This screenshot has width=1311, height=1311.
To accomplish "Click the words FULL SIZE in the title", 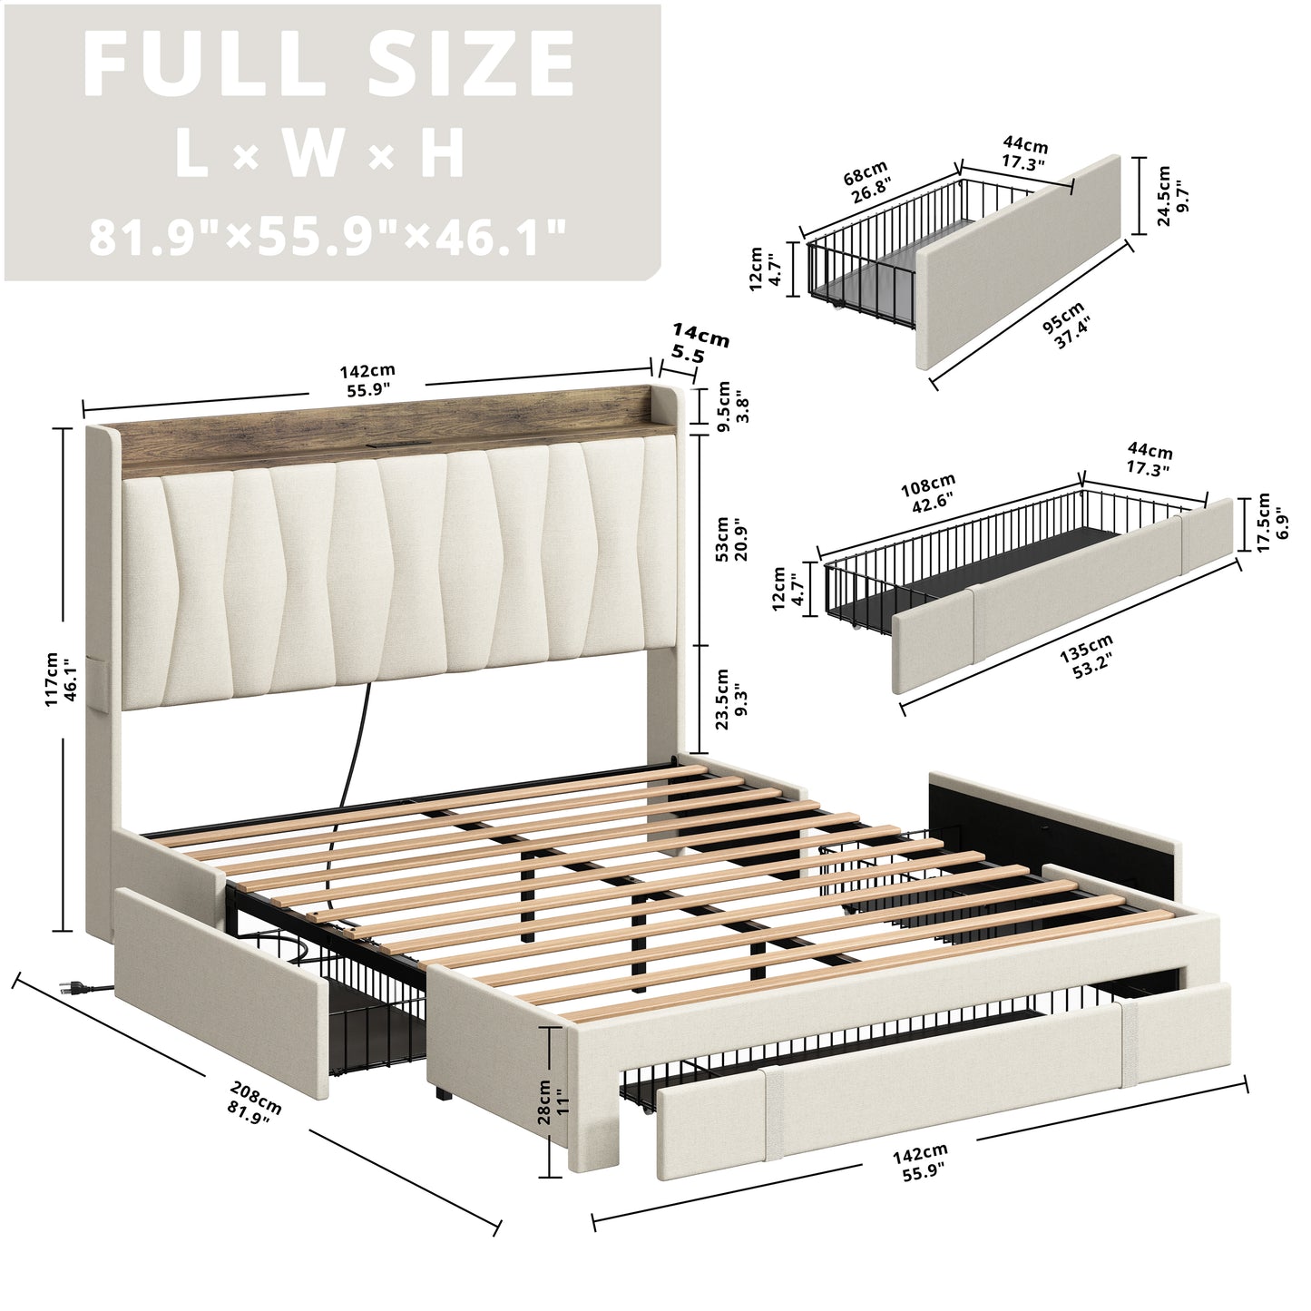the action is tap(328, 65).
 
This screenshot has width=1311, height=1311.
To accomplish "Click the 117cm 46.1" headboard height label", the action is tap(61, 679).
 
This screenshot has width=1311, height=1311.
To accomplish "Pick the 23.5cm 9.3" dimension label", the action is tap(731, 699).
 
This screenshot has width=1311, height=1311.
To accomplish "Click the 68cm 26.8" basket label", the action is tap(866, 181).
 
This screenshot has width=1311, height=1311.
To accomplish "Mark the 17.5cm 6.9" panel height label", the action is tap(1272, 523).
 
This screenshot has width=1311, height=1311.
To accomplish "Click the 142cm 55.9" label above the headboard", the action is tap(367, 379).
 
